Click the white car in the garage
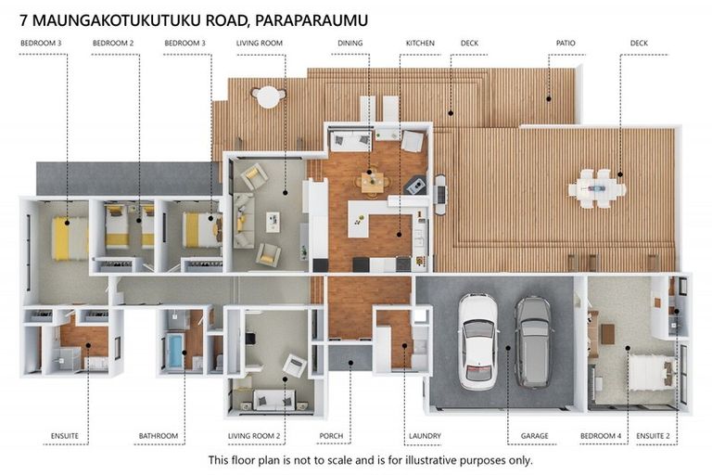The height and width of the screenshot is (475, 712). pyautogui.click(x=478, y=340)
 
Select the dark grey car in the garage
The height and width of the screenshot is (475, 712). pyautogui.click(x=533, y=340)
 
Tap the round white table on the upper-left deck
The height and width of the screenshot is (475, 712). pyautogui.click(x=268, y=96)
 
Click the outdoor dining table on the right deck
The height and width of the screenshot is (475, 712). pyautogui.click(x=597, y=188)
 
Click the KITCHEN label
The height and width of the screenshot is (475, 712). pyautogui.click(x=419, y=43)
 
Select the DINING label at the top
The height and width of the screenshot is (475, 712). pyautogui.click(x=350, y=43)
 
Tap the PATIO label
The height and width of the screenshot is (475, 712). pyautogui.click(x=565, y=43)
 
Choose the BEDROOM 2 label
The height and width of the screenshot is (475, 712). pyautogui.click(x=113, y=43)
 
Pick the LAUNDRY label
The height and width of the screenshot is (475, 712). pyautogui.click(x=425, y=435)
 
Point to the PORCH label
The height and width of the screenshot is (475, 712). pyautogui.click(x=331, y=435)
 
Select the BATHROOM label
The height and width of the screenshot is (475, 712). pyautogui.click(x=159, y=435)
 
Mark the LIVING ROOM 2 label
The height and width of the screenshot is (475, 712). pyautogui.click(x=254, y=435)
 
